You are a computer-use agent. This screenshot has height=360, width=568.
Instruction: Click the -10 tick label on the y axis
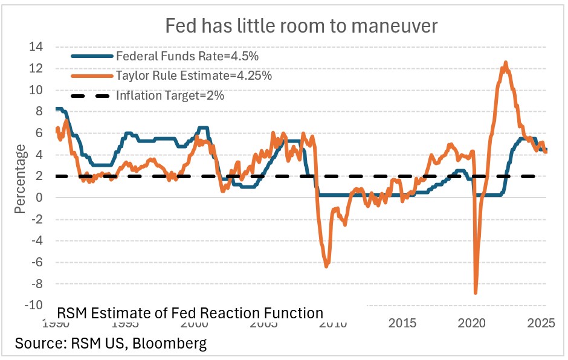[37, 305]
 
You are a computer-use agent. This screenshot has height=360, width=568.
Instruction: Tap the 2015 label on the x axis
[402, 323]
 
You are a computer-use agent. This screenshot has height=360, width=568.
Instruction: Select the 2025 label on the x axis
[541, 323]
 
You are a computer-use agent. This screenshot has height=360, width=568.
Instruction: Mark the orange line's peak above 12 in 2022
[505, 62]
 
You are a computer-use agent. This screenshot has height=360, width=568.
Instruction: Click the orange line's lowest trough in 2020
[476, 292]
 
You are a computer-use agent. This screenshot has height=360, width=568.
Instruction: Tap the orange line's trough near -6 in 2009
[327, 266]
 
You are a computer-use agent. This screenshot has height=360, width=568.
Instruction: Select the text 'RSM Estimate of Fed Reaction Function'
[190, 313]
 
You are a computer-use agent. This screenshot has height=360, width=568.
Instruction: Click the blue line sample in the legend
[91, 56]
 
